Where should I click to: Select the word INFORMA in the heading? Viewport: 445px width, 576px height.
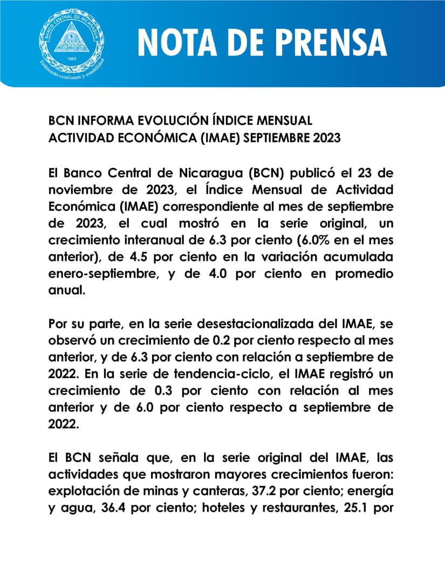[x=95, y=120]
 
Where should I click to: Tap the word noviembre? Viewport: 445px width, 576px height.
[x=81, y=190]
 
